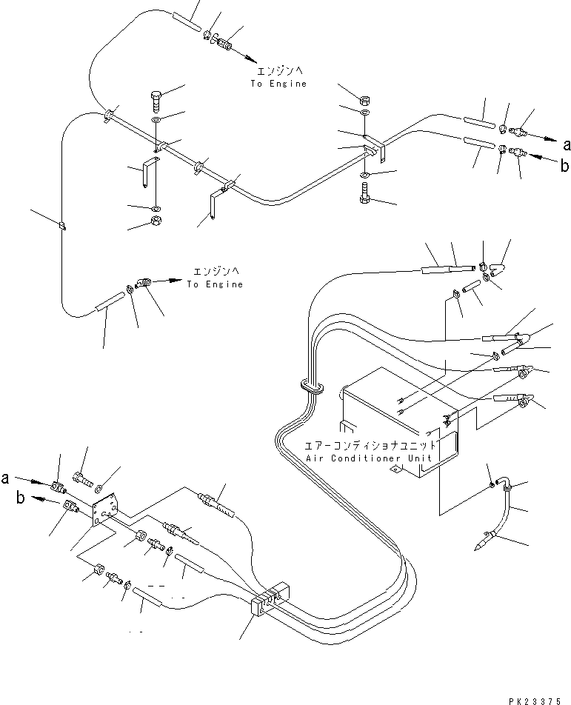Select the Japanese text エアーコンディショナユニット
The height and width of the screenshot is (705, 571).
(370, 447)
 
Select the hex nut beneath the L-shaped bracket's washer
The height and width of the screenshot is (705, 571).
(156, 220)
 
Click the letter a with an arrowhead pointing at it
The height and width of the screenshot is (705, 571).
(567, 144)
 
